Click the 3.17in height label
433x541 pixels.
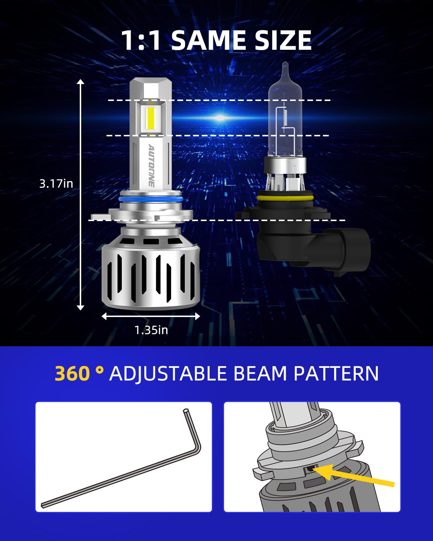(x=56, y=184)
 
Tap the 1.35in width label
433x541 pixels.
(x=151, y=330)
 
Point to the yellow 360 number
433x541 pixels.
(x=72, y=373)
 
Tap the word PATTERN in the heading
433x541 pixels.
(x=336, y=374)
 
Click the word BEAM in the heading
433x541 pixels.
(x=261, y=374)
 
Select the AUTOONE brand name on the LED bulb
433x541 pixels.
(x=151, y=166)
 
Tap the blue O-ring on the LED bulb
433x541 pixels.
(x=150, y=199)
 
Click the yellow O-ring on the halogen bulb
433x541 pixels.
(x=285, y=198)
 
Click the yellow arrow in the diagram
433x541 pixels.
(x=354, y=475)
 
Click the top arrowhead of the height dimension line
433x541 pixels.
(x=80, y=82)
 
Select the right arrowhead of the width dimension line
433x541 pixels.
(x=197, y=317)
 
